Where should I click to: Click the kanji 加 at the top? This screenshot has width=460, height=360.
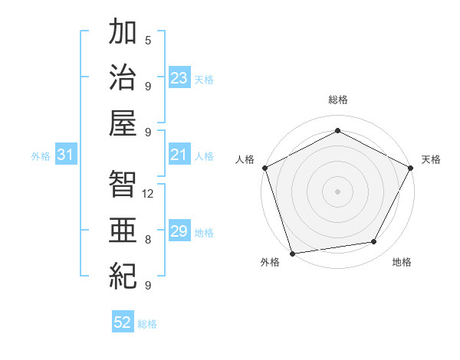(123, 34)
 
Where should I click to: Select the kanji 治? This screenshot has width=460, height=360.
(123, 78)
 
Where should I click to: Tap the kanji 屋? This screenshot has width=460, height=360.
(123, 123)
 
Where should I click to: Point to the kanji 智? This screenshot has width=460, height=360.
(123, 183)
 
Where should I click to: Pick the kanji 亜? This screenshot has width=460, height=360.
(123, 228)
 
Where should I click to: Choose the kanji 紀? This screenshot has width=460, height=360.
(123, 273)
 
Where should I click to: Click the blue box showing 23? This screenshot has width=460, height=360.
(179, 78)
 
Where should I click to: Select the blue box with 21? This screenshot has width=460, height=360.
(179, 155)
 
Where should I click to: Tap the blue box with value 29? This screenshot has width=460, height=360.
(179, 231)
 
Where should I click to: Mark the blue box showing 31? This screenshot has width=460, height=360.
(66, 155)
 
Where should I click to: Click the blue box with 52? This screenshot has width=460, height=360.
(123, 323)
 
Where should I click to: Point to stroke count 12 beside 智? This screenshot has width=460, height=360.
(149, 193)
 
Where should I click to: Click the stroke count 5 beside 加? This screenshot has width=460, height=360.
(148, 40)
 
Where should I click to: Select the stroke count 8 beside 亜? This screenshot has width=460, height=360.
(148, 239)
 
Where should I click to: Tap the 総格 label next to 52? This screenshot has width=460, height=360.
(147, 324)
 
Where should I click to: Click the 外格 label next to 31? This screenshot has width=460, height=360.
(41, 156)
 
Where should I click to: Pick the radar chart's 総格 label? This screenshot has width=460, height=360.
(337, 100)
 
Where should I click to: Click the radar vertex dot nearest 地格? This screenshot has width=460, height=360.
(374, 242)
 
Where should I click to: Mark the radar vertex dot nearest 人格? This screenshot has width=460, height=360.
(264, 167)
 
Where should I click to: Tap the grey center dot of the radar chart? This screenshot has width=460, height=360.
(337, 191)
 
